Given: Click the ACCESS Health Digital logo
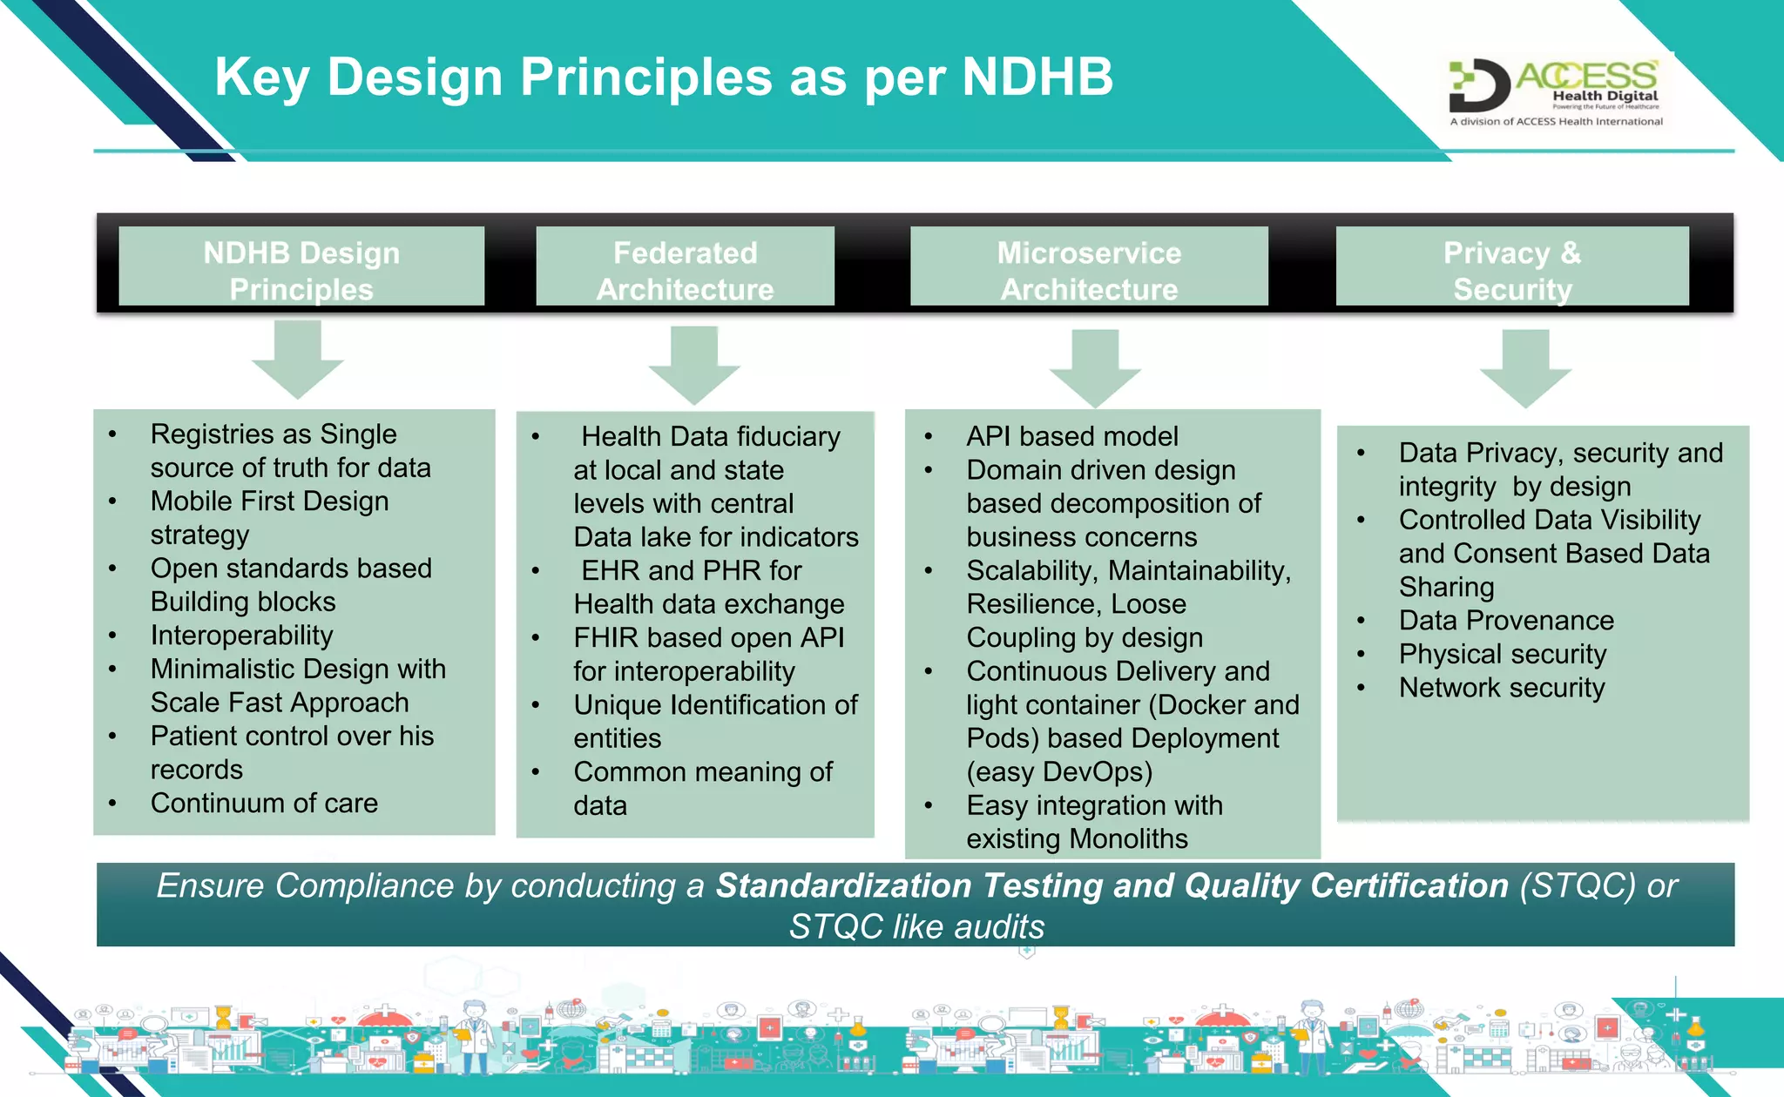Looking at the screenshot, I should pos(1556,91).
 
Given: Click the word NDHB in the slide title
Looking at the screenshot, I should pos(1037,77).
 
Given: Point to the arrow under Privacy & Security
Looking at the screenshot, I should pos(1525,367).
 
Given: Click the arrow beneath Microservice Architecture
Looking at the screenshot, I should pos(1095,367).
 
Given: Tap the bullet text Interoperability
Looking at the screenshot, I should pos(241,636).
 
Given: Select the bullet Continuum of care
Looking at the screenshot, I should pos(264,803).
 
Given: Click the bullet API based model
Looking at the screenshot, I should pos(1071,436).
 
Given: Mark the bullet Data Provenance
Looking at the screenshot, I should pos(1506,621).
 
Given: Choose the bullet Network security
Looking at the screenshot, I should pos(1502,688).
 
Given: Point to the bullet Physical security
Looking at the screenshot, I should pos(1503,654).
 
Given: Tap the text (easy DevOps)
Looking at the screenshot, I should pos(1059,772).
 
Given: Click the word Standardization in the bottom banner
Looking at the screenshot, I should pos(843,886).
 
